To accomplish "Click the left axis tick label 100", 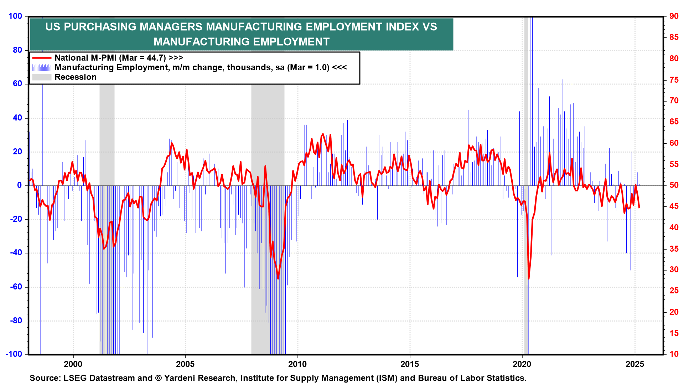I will click(15, 16).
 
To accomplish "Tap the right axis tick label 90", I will click(674, 16).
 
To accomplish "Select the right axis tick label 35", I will click(674, 249).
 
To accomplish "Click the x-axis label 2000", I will click(73, 364).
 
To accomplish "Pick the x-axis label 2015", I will click(410, 364).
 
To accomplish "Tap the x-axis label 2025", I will click(634, 364).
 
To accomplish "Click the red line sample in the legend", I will click(42, 58).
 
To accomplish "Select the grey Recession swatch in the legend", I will click(42, 77).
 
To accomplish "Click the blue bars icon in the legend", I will click(42, 67).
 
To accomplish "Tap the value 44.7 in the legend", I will click(156, 58).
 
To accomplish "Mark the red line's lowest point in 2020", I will click(529, 279).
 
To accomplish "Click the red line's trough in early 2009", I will click(278, 278).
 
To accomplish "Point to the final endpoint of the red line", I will click(639, 208).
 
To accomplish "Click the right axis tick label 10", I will click(674, 354).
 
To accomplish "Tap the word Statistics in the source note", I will click(507, 378).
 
